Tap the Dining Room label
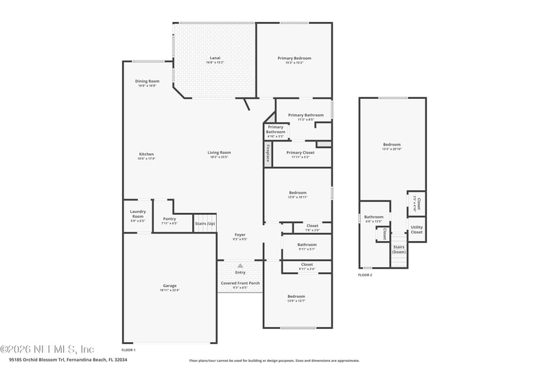(147, 82)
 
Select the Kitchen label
(146, 154)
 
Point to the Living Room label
(220, 152)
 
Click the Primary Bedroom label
(294, 58)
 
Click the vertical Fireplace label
(268, 155)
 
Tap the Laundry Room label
(137, 214)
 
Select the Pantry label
(169, 219)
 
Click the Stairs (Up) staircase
(205, 223)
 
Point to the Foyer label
(240, 235)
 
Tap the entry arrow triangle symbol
(240, 265)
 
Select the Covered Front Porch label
(240, 283)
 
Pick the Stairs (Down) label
(399, 249)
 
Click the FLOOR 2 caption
(365, 275)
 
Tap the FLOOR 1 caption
(129, 350)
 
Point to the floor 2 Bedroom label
(392, 144)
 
